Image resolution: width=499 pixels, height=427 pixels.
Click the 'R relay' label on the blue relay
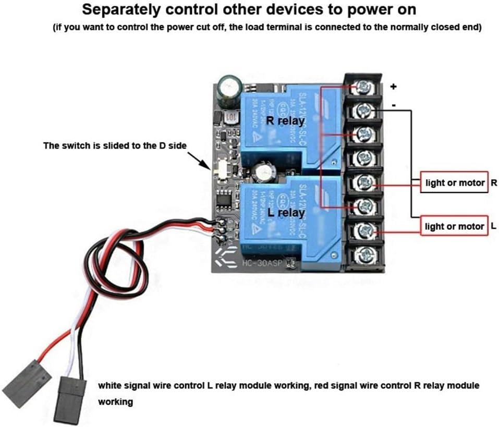(285, 120)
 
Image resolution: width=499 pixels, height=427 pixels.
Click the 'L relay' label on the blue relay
(286, 213)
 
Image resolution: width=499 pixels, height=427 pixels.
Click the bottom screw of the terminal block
(363, 255)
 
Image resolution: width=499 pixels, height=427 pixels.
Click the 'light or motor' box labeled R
(454, 182)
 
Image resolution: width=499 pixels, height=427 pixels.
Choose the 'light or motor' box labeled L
(454, 226)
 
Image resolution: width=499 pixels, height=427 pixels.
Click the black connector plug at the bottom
(69, 399)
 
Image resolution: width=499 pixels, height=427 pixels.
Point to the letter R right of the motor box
(494, 182)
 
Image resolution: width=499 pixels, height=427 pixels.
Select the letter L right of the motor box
(494, 226)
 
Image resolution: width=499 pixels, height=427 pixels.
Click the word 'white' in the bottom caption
(110, 386)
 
